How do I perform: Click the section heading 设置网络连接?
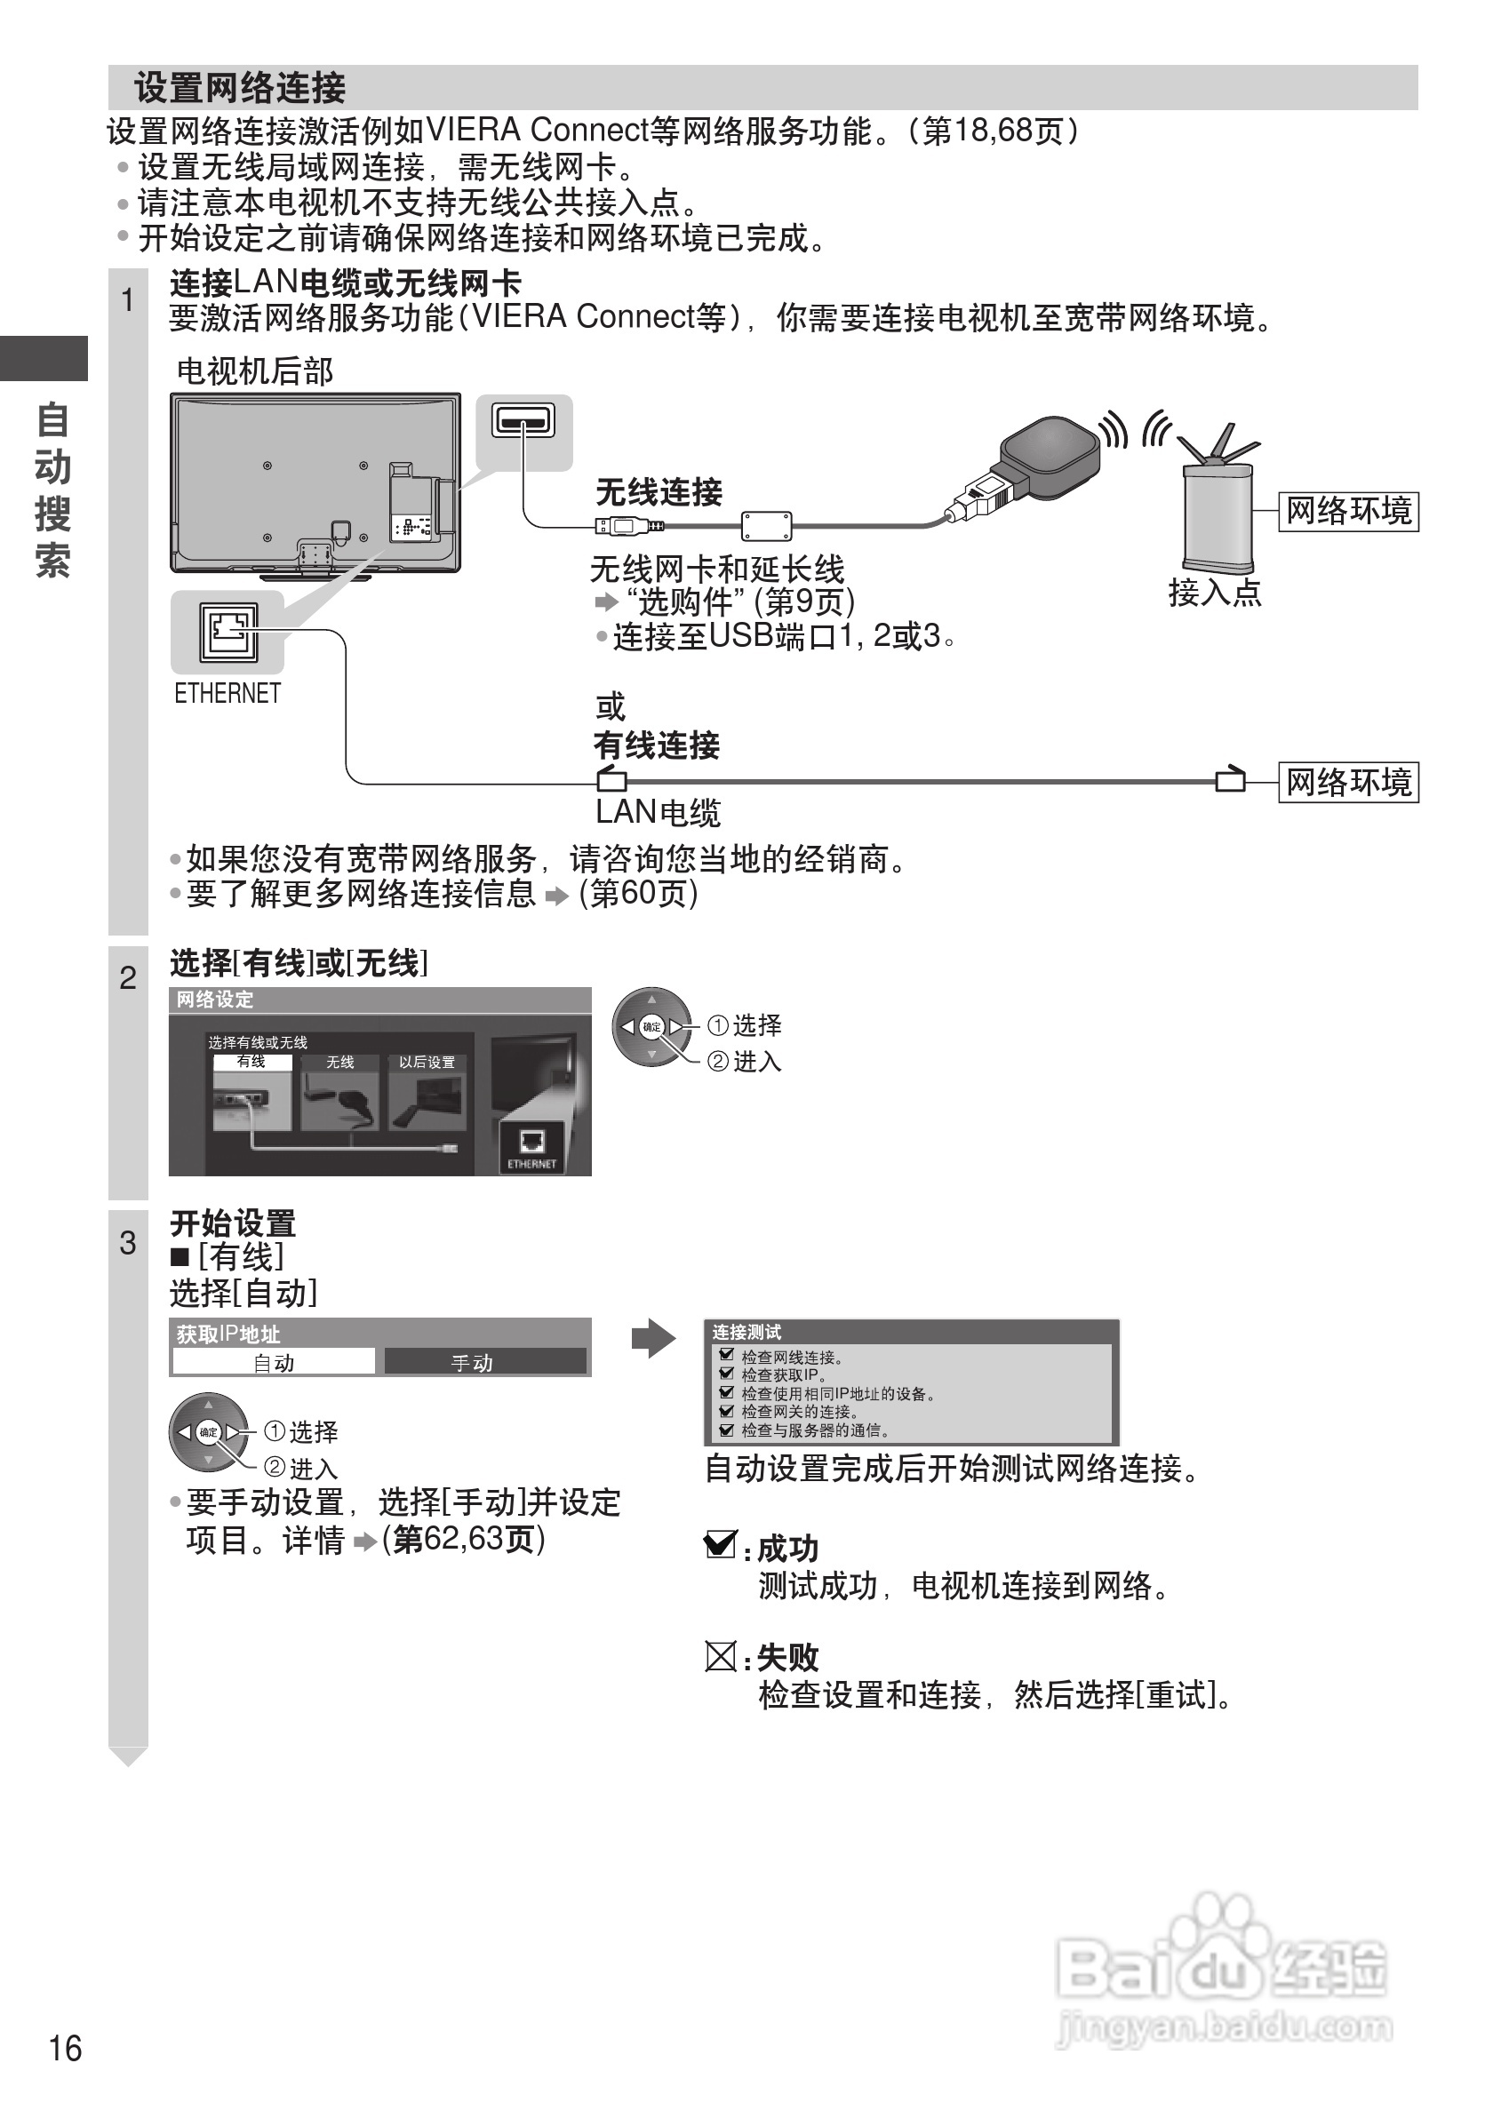(240, 88)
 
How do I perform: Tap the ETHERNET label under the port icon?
(228, 693)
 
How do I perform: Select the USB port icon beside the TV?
(523, 422)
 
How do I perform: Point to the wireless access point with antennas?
(1218, 510)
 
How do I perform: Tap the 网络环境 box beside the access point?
(1348, 511)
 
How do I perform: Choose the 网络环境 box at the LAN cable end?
(1348, 783)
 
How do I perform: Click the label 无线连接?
(659, 492)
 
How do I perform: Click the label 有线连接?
(656, 745)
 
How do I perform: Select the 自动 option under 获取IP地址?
(274, 1363)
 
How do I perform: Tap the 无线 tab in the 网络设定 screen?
(339, 1063)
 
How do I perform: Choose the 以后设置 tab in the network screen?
(427, 1063)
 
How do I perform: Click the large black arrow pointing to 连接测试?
(653, 1339)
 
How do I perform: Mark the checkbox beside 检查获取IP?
(726, 1374)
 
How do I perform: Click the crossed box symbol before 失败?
(720, 1657)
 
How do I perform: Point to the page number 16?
(65, 2049)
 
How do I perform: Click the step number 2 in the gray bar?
(128, 977)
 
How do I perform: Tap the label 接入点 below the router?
(1215, 592)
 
